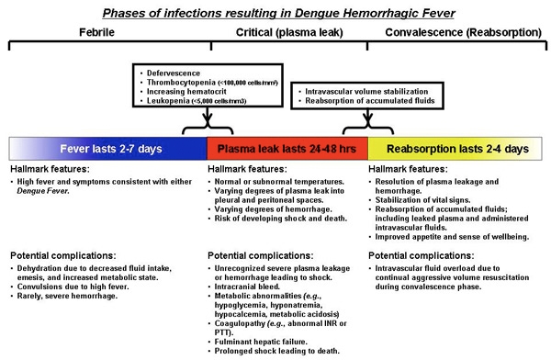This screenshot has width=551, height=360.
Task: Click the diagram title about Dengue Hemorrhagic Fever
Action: click(x=278, y=14)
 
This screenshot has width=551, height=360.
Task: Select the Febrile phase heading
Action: click(x=96, y=32)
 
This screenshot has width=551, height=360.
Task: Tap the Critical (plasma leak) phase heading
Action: click(x=289, y=33)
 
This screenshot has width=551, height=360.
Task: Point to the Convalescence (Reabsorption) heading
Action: click(x=463, y=33)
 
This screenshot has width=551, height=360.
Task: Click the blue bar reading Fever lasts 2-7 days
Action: click(x=108, y=149)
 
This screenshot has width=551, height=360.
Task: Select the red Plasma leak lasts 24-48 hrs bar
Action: click(x=287, y=149)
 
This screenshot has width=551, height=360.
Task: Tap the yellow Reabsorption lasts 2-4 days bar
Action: click(x=455, y=149)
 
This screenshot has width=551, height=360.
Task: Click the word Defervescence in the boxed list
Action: click(x=174, y=73)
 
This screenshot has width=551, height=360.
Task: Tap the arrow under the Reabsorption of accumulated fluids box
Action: click(x=368, y=118)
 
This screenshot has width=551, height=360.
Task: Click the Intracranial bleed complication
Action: click(x=247, y=287)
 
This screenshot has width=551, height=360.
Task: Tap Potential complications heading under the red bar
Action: click(x=261, y=255)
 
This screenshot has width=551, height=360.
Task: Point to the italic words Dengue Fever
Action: click(x=43, y=191)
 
